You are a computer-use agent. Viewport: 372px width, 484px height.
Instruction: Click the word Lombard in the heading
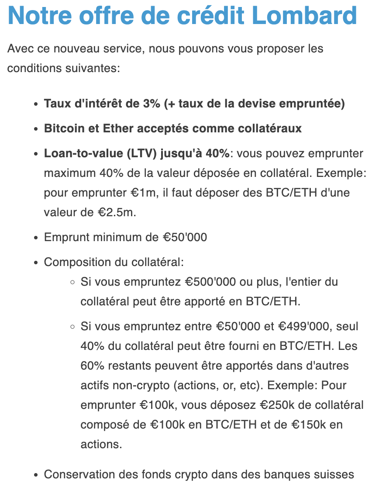305,16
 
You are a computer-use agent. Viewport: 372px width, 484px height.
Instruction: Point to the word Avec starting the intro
21,48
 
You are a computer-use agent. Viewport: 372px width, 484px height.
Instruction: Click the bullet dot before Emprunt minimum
36,238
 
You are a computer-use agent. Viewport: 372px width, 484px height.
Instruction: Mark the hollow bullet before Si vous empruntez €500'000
73,282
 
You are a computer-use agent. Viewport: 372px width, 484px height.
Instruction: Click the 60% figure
90,366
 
